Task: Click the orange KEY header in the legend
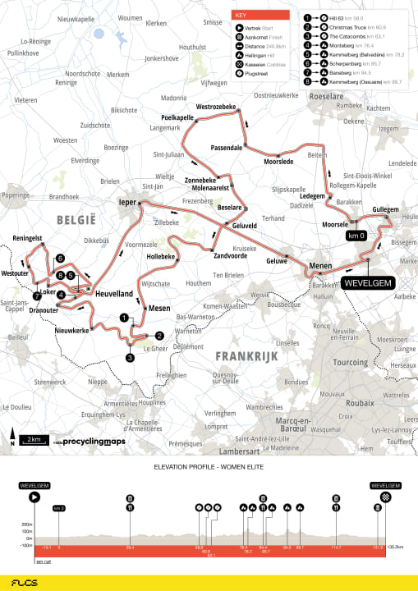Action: [x=260, y=14]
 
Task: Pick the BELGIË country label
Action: [x=76, y=220]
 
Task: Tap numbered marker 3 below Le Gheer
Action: [x=130, y=358]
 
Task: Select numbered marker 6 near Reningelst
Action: [x=60, y=258]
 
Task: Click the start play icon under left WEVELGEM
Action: [x=34, y=497]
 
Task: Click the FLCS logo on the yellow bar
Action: [x=31, y=581]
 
